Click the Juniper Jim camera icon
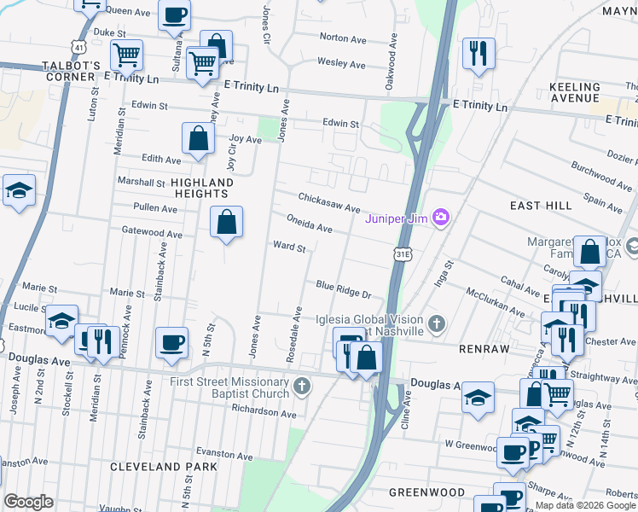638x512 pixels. click(440, 218)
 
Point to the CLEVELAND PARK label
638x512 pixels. click(158, 467)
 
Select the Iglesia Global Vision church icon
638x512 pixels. click(437, 323)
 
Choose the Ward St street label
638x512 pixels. click(289, 247)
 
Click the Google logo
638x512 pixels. click(29, 502)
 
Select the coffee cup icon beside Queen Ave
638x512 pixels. click(175, 15)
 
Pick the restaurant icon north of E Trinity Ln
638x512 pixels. click(478, 53)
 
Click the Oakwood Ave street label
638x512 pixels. click(393, 53)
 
